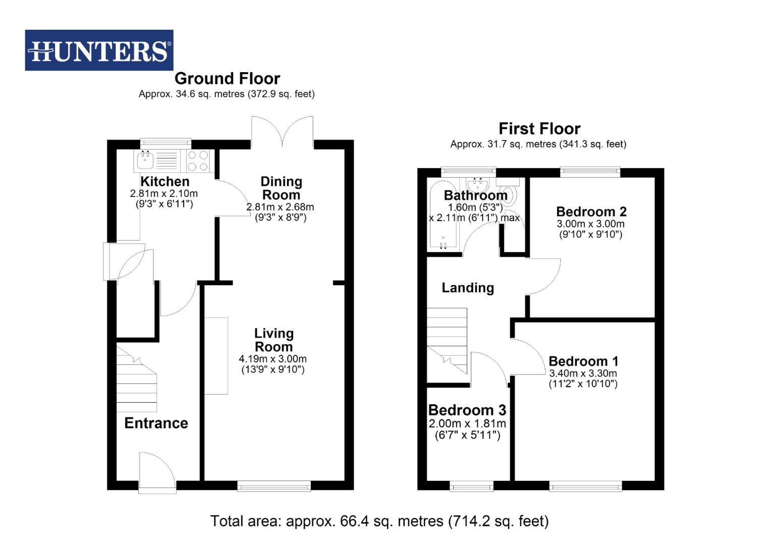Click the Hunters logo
click(99, 50)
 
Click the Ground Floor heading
click(227, 79)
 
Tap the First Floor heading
click(539, 129)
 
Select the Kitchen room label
click(164, 182)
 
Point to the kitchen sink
click(145, 161)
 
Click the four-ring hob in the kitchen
click(198, 161)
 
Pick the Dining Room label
click(281, 188)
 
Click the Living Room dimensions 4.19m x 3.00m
click(272, 359)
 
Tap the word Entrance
click(156, 423)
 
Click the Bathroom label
click(475, 195)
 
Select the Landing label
click(467, 288)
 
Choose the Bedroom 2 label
click(591, 211)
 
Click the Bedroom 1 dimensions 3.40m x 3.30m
click(583, 374)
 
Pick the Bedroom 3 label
click(467, 410)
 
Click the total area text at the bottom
click(379, 521)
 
